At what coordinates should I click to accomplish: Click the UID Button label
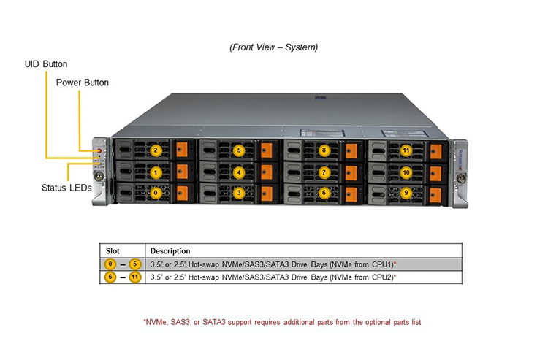46,64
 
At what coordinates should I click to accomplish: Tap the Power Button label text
83,83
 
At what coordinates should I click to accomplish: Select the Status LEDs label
66,188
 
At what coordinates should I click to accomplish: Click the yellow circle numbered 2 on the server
156,151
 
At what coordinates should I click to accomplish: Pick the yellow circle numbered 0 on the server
156,193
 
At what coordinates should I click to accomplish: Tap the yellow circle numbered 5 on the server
239,150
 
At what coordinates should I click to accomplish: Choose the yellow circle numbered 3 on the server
239,193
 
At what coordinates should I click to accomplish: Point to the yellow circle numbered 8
324,150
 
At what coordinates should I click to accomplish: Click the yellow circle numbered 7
324,172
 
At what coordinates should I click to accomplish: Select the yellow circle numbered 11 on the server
406,151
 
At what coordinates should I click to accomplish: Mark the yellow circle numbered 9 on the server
406,193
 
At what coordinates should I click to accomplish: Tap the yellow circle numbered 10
406,172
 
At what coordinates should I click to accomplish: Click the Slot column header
113,251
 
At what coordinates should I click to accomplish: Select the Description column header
170,251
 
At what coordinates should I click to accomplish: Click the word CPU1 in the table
382,264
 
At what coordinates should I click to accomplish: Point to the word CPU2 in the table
382,277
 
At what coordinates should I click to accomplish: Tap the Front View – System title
274,47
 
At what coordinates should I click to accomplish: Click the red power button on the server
99,151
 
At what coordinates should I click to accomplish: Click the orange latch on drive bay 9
435,195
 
